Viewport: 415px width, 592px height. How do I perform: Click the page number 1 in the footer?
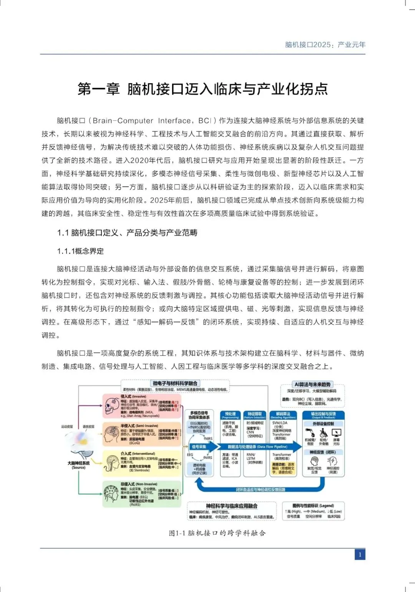tap(360, 554)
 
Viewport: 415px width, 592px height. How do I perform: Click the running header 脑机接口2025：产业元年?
tap(325, 45)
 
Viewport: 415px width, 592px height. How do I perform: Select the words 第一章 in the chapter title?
tap(99, 89)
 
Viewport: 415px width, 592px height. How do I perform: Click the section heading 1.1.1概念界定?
tap(80, 251)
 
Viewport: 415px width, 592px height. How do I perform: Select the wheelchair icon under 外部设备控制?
tap(324, 433)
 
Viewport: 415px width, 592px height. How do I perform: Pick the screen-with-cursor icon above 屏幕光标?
tap(336, 433)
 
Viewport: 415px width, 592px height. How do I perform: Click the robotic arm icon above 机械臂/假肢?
tap(310, 433)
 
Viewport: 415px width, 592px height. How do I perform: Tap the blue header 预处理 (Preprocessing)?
tap(230, 415)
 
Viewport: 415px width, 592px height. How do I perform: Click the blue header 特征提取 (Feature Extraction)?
tap(254, 415)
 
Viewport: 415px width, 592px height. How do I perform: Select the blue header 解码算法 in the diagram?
tap(283, 415)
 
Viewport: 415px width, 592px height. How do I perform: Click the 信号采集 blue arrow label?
tap(199, 446)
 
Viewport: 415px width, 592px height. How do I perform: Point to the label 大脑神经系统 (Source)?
tap(78, 465)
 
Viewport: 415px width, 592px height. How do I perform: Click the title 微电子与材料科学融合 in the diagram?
tap(175, 383)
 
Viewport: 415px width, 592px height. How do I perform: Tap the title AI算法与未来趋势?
tap(312, 385)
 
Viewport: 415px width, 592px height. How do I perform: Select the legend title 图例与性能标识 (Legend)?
tap(313, 506)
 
